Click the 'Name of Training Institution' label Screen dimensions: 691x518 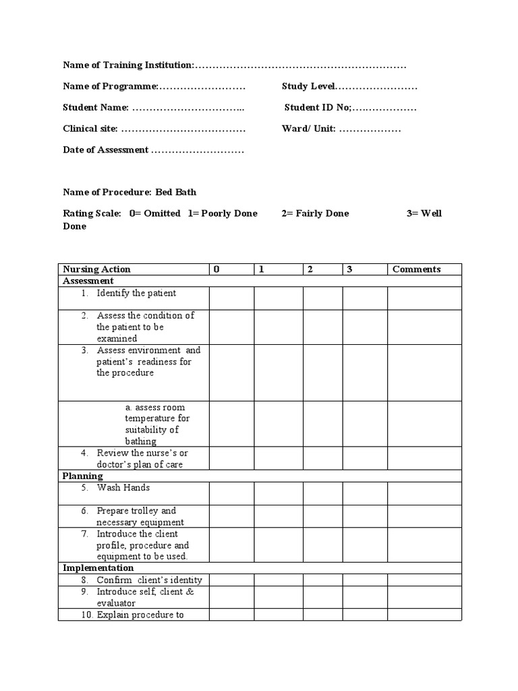[x=128, y=65]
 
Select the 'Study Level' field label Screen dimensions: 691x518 [x=308, y=86]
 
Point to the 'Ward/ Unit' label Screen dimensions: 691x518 [x=308, y=128]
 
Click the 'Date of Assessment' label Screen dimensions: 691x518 [x=105, y=150]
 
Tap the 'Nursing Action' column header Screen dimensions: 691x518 [x=96, y=269]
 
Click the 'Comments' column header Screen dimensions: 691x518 [x=416, y=269]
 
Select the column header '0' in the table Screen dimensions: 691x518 [x=217, y=269]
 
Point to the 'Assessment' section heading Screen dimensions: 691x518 [x=88, y=281]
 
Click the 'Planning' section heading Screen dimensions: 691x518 [x=83, y=476]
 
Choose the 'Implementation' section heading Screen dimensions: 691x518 [x=98, y=568]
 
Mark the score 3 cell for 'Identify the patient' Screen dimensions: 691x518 [x=364, y=298]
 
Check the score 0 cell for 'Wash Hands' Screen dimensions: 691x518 [x=231, y=493]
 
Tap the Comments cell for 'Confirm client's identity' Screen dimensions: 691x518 [x=424, y=580]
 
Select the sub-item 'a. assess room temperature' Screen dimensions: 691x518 [x=157, y=424]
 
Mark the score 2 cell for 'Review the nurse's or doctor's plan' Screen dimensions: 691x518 [x=322, y=458]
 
